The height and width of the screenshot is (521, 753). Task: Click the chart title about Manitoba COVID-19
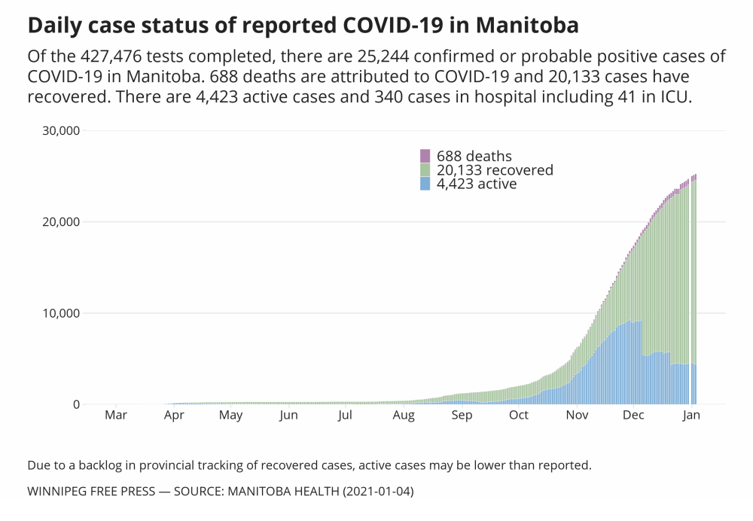[303, 26]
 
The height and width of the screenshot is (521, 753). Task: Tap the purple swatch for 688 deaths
[425, 156]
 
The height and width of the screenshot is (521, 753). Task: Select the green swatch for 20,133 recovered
[425, 170]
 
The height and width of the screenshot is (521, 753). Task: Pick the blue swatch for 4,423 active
[425, 184]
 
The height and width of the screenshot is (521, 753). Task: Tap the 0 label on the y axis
[75, 404]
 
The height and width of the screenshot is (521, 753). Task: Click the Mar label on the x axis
[115, 415]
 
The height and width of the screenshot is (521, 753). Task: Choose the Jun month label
[288, 415]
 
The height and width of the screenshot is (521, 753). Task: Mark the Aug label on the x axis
[403, 415]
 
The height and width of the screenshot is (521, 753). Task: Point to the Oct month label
[518, 415]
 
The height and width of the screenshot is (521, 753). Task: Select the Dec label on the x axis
[633, 415]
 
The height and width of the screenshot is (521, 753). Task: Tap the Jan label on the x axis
[691, 415]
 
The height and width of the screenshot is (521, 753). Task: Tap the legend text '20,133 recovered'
[495, 170]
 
